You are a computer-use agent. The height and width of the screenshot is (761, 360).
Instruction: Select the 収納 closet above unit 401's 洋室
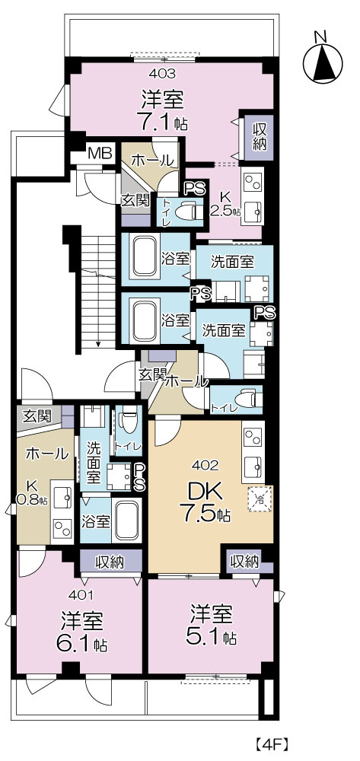(111, 562)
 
